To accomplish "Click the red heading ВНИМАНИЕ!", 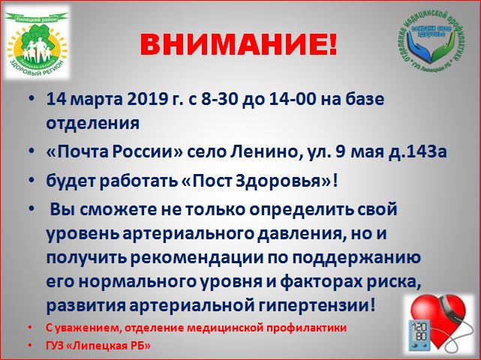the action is [x=239, y=45].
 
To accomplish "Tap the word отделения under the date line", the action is [x=93, y=124].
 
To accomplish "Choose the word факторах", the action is [x=320, y=282].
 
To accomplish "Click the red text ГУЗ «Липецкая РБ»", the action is [x=98, y=346].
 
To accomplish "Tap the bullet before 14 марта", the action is [x=32, y=100].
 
